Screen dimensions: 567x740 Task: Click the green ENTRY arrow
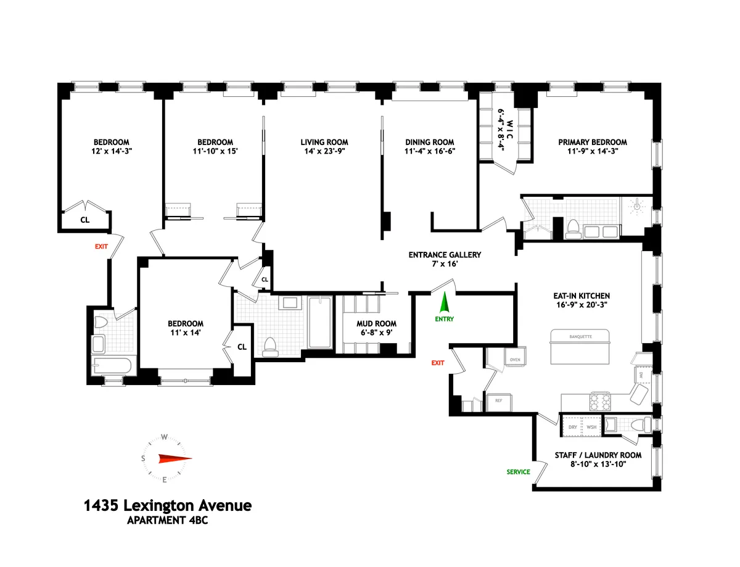pos(443,303)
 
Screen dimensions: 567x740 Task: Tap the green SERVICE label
pos(518,472)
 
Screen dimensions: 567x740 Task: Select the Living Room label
pos(320,142)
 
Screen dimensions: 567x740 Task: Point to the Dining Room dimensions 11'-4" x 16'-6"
pos(429,151)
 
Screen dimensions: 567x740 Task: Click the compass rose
pos(165,458)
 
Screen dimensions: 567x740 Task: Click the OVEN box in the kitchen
pos(514,359)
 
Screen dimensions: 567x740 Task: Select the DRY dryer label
pos(573,427)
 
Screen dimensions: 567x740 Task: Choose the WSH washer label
pos(591,427)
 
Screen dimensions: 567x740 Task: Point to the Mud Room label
pos(376,323)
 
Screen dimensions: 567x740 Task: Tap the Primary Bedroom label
pos(593,142)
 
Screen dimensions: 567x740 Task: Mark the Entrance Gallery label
pos(445,255)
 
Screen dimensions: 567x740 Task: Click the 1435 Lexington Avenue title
pos(167,506)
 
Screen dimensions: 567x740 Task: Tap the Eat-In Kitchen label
pos(582,296)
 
